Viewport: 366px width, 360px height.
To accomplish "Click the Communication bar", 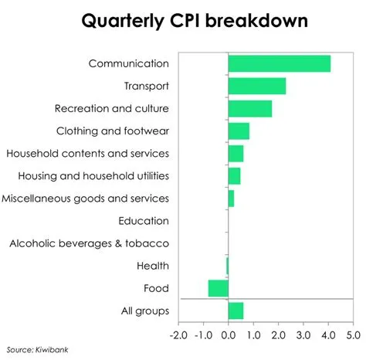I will pyautogui.click(x=280, y=63).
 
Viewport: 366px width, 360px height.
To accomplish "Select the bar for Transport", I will pyautogui.click(x=257, y=86).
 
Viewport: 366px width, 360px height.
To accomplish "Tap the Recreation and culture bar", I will pyautogui.click(x=250, y=108).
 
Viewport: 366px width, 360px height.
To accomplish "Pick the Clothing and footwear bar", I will pyautogui.click(x=239, y=131).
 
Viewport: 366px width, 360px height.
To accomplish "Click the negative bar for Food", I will pyautogui.click(x=219, y=288).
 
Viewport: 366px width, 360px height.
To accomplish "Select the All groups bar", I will pyautogui.click(x=236, y=311).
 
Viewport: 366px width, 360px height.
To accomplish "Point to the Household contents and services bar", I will pyautogui.click(x=236, y=153).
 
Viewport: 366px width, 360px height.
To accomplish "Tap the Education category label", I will pyautogui.click(x=144, y=221).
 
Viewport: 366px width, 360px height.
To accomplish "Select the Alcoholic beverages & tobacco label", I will pyautogui.click(x=89, y=243).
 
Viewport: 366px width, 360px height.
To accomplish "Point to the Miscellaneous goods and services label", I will pyautogui.click(x=85, y=199).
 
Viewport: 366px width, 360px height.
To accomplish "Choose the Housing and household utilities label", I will pyautogui.click(x=93, y=176).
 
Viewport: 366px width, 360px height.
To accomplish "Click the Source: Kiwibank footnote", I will pyautogui.click(x=36, y=349).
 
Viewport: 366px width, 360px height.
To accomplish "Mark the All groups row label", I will pyautogui.click(x=145, y=311).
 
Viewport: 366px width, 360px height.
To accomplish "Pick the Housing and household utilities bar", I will pyautogui.click(x=234, y=176).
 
